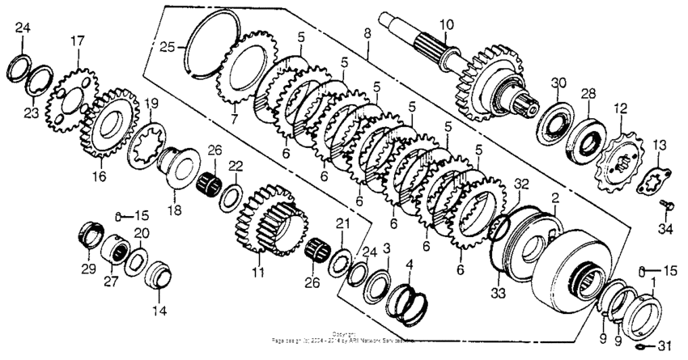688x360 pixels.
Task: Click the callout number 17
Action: coord(78,40)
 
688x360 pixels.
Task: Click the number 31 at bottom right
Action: coord(664,346)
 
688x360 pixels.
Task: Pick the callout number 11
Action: coord(257,273)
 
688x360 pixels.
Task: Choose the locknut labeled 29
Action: coord(87,238)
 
